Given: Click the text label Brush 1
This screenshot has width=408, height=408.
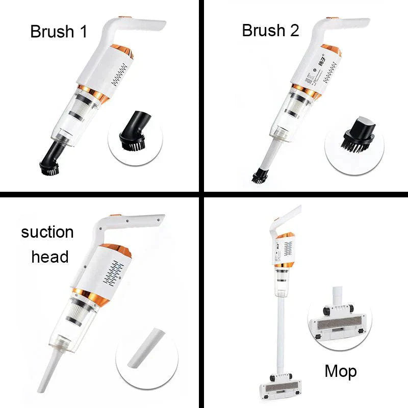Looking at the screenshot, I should tap(59, 31).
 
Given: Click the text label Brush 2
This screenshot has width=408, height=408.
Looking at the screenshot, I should tap(270, 30).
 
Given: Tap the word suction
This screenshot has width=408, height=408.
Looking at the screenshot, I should tap(47, 233).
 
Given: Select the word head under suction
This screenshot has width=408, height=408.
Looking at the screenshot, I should tap(49, 257).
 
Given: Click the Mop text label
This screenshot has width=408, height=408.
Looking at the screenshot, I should tap(341, 371).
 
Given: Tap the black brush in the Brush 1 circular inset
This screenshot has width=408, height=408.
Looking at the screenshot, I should tap(133, 136).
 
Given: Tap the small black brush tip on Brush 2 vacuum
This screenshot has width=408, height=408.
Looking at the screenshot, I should tap(260, 176).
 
